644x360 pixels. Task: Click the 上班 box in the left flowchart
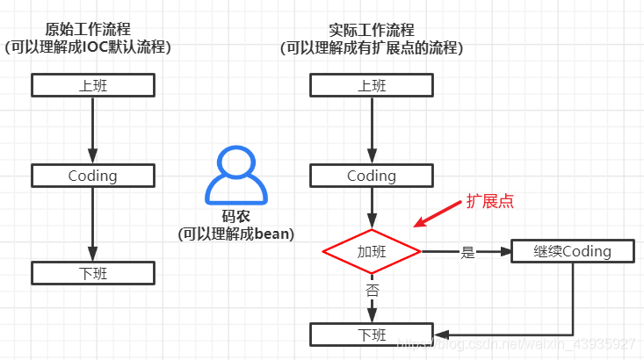coord(93,85)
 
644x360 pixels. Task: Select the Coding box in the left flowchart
coord(93,175)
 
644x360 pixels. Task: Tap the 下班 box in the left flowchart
coord(93,273)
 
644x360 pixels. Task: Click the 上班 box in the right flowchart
coord(372,85)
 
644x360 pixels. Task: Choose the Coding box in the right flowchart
coord(372,176)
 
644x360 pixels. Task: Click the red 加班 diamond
coord(372,252)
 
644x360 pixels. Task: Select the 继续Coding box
coord(573,251)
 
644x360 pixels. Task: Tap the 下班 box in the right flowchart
coord(372,335)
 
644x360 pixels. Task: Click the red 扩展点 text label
coord(489,201)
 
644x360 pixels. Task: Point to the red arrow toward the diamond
coord(438,214)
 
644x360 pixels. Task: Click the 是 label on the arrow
coord(467,252)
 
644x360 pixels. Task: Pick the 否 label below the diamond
coord(372,288)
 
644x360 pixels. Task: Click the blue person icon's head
coord(234,162)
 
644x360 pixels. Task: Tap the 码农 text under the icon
coord(235,216)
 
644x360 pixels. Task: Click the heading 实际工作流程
coord(371,30)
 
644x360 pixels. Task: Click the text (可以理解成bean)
coord(235,234)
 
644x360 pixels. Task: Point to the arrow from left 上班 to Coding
coord(93,130)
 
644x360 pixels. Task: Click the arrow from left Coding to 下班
coord(93,224)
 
